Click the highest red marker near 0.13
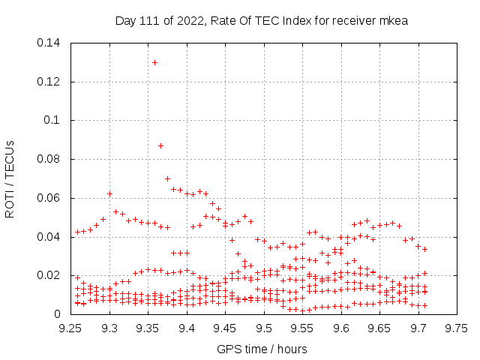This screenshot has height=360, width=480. [154, 62]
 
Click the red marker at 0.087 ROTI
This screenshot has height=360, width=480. [160, 145]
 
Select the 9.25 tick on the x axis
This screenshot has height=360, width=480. [71, 328]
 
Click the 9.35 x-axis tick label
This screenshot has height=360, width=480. [148, 328]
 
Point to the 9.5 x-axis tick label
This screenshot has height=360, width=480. [264, 328]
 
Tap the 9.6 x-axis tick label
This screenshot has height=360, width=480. [341, 328]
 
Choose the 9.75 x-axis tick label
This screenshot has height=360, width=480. [456, 328]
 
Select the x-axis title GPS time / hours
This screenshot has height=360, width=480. [262, 349]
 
